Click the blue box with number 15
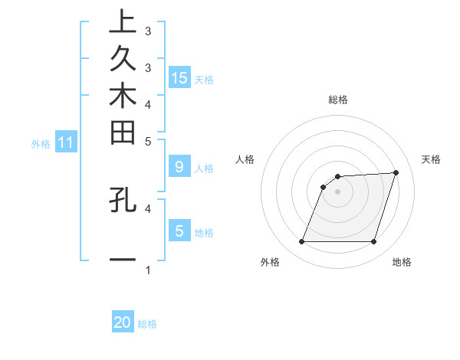click(179, 77)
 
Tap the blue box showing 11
click(66, 142)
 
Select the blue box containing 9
click(179, 166)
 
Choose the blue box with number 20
click(123, 322)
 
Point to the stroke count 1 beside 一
click(148, 270)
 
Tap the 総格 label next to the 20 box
click(147, 324)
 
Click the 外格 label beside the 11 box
click(41, 143)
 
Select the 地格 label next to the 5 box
click(204, 232)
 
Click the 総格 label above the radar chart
click(338, 100)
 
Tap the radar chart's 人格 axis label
click(245, 159)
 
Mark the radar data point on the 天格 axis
click(396, 172)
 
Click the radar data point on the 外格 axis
click(301, 242)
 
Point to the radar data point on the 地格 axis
click(373, 242)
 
